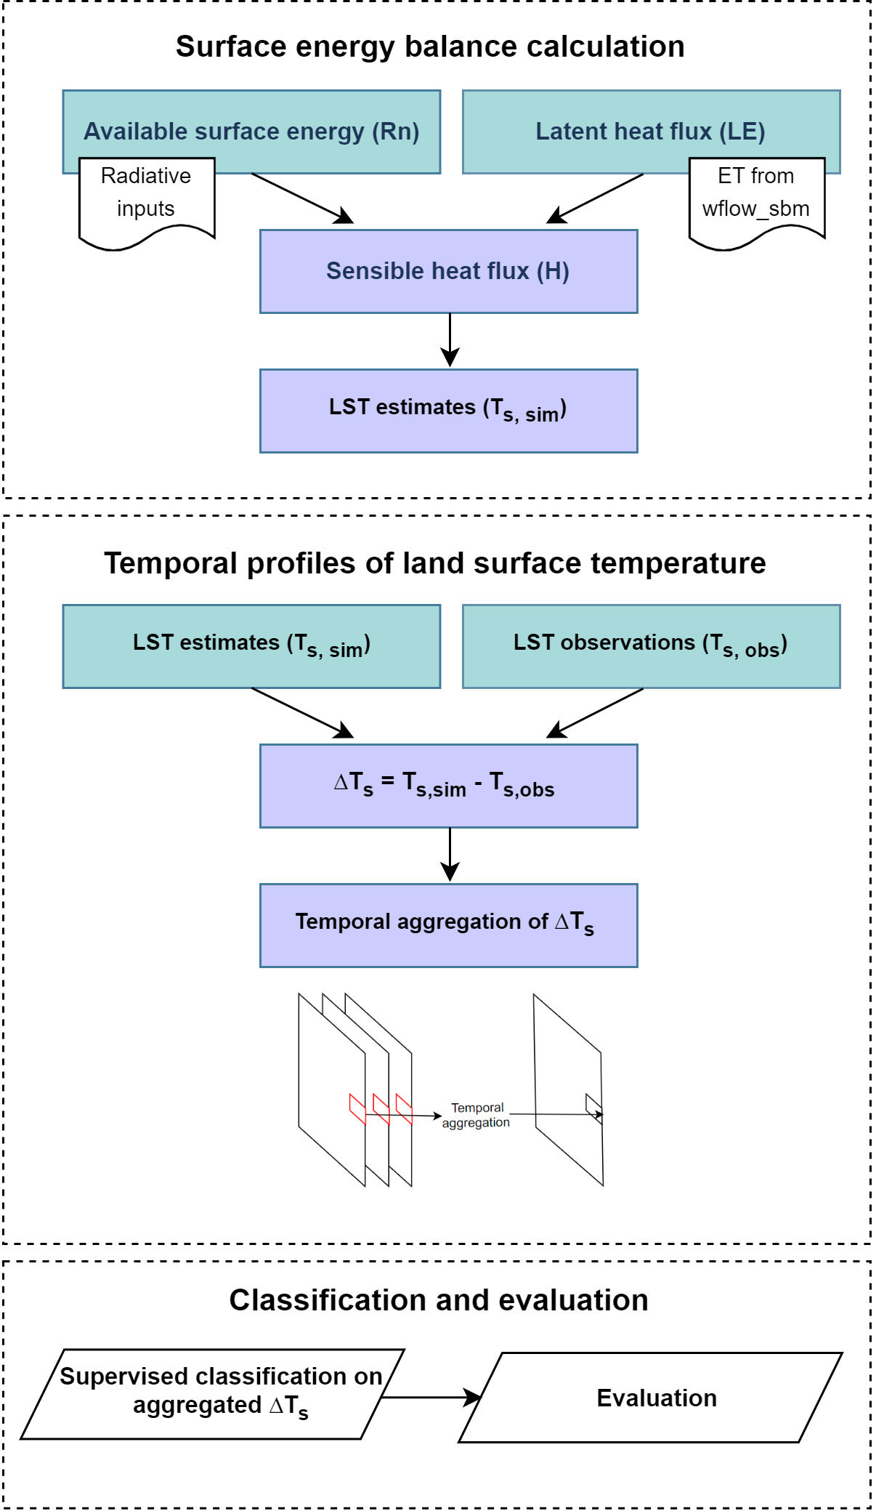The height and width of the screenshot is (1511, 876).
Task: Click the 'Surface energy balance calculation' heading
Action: point(430,47)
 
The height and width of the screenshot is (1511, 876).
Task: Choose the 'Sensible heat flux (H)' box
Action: point(448,271)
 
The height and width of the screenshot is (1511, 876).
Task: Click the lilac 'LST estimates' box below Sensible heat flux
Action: point(448,411)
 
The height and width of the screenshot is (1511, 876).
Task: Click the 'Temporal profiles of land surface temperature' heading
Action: point(435,564)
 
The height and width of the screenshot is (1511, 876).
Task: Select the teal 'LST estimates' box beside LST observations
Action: point(251,645)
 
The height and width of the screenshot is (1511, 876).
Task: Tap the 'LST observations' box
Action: point(651,645)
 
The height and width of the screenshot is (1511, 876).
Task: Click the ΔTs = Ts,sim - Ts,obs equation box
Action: point(448,786)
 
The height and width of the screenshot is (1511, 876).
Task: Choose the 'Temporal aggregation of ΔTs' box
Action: point(448,924)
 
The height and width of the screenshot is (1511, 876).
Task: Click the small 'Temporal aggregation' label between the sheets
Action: point(476,1115)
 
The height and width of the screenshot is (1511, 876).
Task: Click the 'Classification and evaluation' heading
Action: point(439,1300)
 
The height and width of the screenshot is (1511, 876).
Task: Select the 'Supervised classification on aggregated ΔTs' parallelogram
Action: point(213,1394)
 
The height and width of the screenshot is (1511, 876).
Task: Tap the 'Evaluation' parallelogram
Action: point(651,1397)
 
